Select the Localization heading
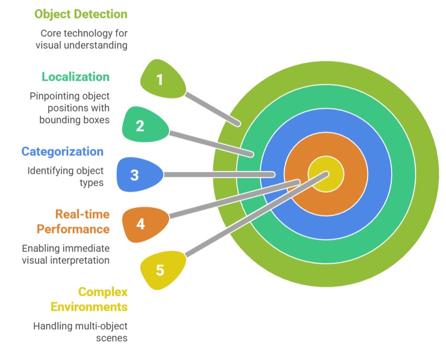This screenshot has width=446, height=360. [x=75, y=77]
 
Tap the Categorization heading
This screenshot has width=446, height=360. [x=62, y=151]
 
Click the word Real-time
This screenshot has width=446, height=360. [x=82, y=214]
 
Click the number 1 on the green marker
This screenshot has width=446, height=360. [x=159, y=79]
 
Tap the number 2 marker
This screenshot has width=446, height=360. [x=140, y=125]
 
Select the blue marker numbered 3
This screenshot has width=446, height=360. [x=135, y=175]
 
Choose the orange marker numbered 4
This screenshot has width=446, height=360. [x=141, y=224]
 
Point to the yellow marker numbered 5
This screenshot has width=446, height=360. [x=159, y=270]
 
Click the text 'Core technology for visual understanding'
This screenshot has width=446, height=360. [x=83, y=39]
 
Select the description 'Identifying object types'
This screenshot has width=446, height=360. [x=65, y=176]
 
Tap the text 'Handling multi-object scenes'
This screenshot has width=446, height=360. [x=80, y=332]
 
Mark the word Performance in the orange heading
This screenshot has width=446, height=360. [x=74, y=229]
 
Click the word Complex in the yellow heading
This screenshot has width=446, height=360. [x=103, y=291]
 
